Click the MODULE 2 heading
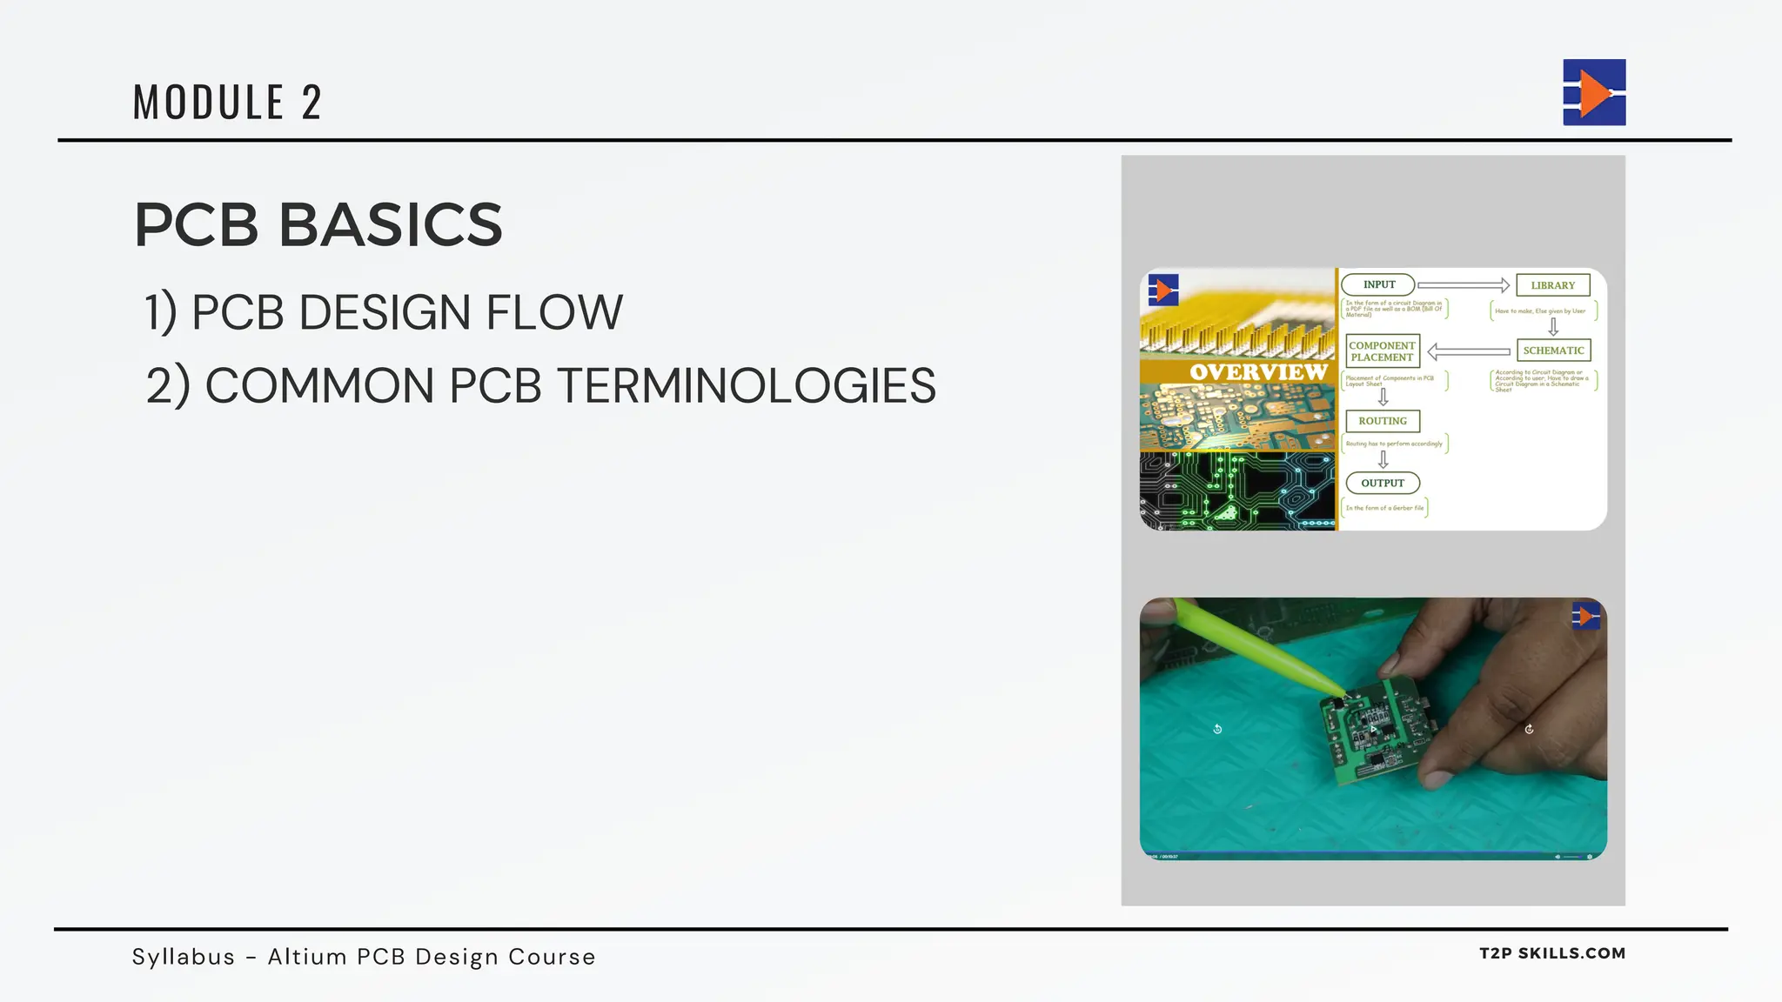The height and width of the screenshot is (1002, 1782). click(x=227, y=102)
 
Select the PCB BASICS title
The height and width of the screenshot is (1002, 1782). click(x=318, y=224)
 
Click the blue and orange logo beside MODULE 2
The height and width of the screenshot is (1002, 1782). click(x=1594, y=92)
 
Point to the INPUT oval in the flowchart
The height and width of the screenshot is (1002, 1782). click(x=1378, y=284)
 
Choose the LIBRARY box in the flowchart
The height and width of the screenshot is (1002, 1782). click(x=1552, y=285)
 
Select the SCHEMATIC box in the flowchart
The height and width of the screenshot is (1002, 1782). click(x=1553, y=351)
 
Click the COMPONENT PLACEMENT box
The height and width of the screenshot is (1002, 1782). click(x=1382, y=351)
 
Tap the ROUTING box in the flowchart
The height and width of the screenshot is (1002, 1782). click(x=1382, y=421)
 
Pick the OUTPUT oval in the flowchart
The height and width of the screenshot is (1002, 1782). click(x=1382, y=483)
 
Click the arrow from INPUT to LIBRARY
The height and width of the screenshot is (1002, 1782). click(x=1464, y=285)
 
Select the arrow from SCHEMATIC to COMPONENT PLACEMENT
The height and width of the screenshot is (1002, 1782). click(x=1469, y=351)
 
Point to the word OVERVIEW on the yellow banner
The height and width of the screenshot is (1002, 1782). click(x=1258, y=371)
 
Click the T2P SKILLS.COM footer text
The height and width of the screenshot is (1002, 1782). click(x=1552, y=953)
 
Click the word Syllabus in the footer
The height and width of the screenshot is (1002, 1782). click(x=184, y=957)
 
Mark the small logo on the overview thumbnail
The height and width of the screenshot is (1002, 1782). click(x=1163, y=290)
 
